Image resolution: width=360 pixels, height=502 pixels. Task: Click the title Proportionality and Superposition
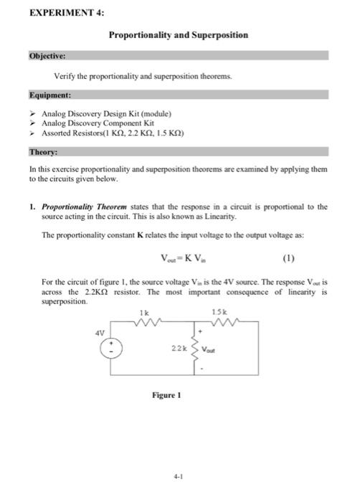point(179,34)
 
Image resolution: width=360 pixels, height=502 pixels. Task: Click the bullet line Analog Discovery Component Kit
point(103,123)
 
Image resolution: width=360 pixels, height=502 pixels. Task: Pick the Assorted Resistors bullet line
point(113,133)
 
